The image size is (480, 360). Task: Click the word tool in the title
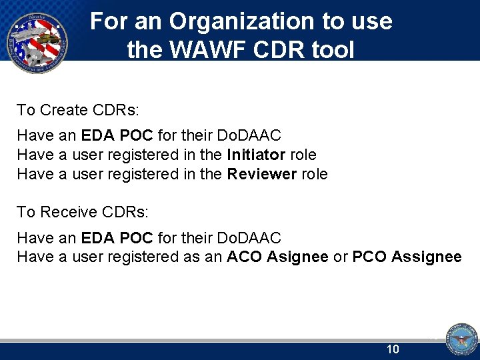[x=331, y=50]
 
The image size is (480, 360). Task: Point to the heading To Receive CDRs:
[x=83, y=212]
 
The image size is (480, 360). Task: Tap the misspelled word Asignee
[x=297, y=257]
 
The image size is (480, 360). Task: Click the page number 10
[x=393, y=349]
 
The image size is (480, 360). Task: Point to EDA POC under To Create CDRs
[x=117, y=135]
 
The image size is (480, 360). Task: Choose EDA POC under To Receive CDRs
[x=117, y=237]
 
